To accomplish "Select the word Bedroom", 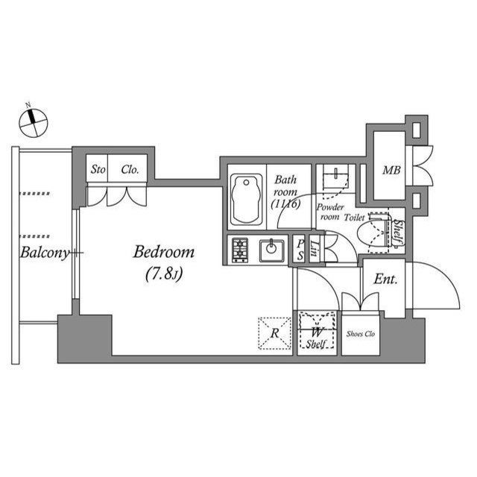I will click(164, 252).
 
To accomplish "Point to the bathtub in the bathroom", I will click(247, 199).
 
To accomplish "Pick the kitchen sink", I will click(272, 250).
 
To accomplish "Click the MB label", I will click(392, 171).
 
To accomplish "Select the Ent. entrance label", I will click(385, 280).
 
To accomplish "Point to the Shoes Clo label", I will click(361, 333).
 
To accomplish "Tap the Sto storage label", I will click(98, 169).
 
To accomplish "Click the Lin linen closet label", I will click(315, 249).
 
